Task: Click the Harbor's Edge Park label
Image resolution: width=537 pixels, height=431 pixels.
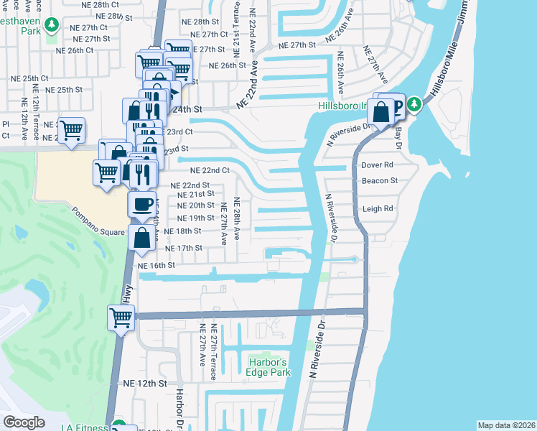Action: [x=269, y=366]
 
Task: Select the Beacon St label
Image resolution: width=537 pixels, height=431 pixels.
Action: [x=380, y=180]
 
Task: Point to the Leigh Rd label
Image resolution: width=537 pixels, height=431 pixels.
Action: [x=378, y=209]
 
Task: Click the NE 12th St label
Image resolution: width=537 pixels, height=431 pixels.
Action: [x=145, y=384]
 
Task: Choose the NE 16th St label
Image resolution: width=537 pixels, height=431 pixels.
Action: [x=157, y=265]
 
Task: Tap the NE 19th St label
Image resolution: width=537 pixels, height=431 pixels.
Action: [x=195, y=218]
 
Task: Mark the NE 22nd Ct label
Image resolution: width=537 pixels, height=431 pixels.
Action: [x=210, y=171]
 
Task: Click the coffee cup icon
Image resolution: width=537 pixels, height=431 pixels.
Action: [x=142, y=203]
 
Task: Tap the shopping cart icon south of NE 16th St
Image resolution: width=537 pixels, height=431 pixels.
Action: [x=121, y=317]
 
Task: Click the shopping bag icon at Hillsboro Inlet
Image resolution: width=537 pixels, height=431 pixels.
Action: [x=381, y=111]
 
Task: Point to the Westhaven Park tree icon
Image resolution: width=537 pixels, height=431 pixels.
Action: [x=51, y=25]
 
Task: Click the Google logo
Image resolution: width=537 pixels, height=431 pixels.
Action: [x=24, y=422]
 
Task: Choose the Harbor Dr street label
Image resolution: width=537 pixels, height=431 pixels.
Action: [x=181, y=409]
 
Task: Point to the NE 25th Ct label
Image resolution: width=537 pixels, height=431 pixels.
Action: [x=29, y=78]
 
